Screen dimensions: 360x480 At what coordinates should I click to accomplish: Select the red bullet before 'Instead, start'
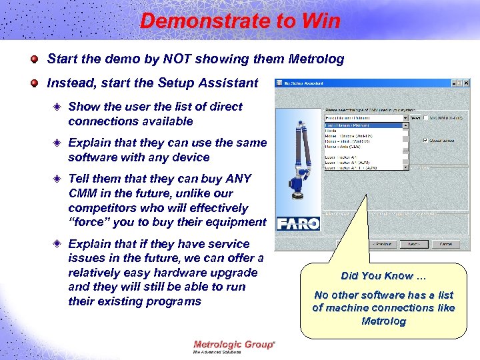(33, 84)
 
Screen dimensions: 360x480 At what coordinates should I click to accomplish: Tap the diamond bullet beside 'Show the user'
(59, 107)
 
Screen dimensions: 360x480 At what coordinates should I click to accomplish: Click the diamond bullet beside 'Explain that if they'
(59, 244)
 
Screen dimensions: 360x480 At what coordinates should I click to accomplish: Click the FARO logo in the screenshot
(298, 223)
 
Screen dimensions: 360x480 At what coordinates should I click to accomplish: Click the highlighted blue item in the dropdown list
(363, 125)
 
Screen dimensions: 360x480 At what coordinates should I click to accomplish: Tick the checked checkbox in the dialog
(425, 141)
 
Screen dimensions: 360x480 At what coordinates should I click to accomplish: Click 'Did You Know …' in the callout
(383, 276)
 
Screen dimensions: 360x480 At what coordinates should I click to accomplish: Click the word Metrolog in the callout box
(383, 321)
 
